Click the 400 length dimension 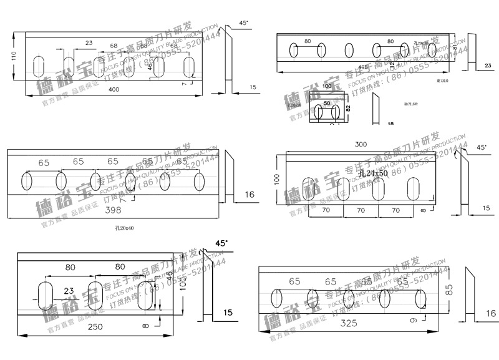pyautogui.click(x=114, y=90)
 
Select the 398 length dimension pyautogui.click(x=114, y=212)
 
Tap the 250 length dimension pyautogui.click(x=95, y=327)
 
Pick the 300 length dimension pyautogui.click(x=361, y=145)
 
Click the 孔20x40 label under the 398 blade pyautogui.click(x=124, y=228)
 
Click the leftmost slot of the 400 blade pyautogui.click(x=39, y=66)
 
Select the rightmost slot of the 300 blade pyautogui.click(x=414, y=189)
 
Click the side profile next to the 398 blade pyautogui.click(x=228, y=178)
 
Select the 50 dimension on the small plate pyautogui.click(x=326, y=102)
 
